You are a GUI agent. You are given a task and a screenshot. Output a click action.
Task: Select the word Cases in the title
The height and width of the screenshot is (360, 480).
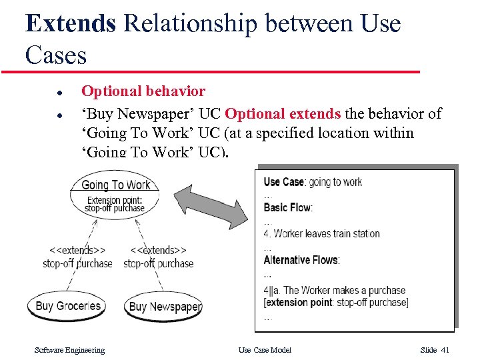(x=56, y=55)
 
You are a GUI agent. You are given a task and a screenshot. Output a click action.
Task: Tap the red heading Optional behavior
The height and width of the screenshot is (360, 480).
(x=143, y=91)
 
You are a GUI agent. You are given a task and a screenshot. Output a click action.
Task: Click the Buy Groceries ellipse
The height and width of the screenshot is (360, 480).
(x=67, y=307)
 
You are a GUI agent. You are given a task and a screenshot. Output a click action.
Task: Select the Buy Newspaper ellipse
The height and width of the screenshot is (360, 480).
(x=164, y=307)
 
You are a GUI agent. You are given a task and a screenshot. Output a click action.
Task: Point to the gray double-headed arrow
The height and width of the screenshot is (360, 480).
(x=212, y=199)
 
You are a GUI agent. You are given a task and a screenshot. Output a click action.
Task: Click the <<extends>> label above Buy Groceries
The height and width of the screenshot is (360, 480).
(x=77, y=250)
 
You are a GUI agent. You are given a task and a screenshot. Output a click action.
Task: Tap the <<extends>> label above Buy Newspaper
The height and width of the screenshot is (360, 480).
(x=158, y=250)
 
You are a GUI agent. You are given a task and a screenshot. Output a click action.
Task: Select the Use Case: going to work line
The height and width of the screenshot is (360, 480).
(x=313, y=182)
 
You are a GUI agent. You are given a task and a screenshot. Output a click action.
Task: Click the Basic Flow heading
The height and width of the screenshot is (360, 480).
(x=288, y=207)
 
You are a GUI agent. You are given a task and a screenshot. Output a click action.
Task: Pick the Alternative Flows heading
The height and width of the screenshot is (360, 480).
(x=301, y=260)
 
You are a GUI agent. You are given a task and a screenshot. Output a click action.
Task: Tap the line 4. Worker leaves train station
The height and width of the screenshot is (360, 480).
(x=321, y=233)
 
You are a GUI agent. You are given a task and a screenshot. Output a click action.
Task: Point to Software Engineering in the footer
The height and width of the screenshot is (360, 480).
(x=69, y=350)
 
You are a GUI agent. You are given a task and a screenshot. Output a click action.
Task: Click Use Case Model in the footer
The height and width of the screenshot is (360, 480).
(x=265, y=350)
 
